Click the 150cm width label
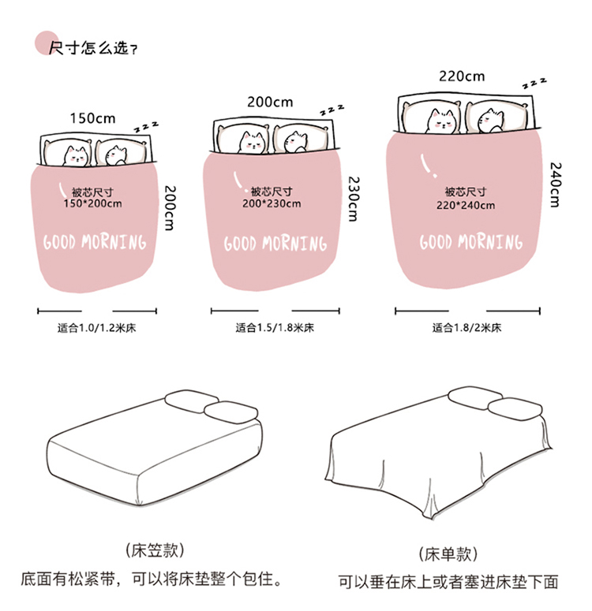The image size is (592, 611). (x=92, y=118)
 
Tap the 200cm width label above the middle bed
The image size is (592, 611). (x=270, y=102)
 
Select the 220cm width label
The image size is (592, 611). (x=462, y=76)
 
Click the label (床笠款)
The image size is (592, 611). (x=152, y=550)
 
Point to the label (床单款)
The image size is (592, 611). (x=449, y=553)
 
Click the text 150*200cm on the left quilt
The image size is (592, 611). (x=92, y=204)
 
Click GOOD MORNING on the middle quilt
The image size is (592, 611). (x=275, y=243)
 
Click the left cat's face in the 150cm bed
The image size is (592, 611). (x=77, y=155)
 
